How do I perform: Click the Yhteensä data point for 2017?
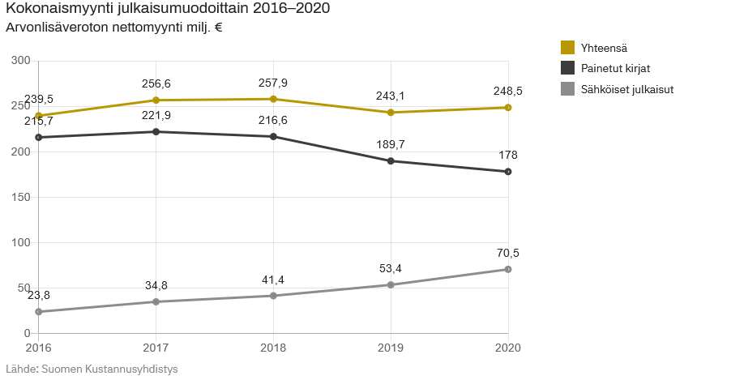(x=156, y=100)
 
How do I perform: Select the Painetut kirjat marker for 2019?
(x=391, y=161)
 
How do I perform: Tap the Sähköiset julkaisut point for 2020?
(x=508, y=269)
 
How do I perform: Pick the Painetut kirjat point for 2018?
(x=273, y=137)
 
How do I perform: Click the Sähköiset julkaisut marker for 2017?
(x=156, y=301)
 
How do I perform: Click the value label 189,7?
(x=391, y=144)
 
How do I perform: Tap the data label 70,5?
(x=508, y=253)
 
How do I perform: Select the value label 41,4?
(x=273, y=280)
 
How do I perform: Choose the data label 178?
(x=508, y=155)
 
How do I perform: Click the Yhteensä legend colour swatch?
(x=567, y=47)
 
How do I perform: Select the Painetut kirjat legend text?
(x=615, y=68)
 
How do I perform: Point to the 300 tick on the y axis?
(x=21, y=61)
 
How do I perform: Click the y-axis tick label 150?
(x=21, y=197)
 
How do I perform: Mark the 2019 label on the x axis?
(x=391, y=348)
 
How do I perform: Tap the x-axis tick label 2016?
(x=37, y=348)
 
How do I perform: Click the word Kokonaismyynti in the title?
(x=58, y=9)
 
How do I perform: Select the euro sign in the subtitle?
(x=218, y=28)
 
